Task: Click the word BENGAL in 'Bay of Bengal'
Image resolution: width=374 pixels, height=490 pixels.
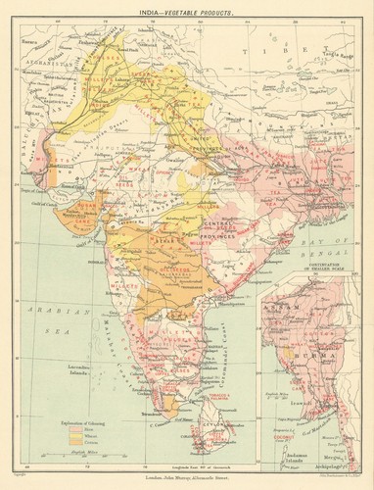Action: click(327, 242)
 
